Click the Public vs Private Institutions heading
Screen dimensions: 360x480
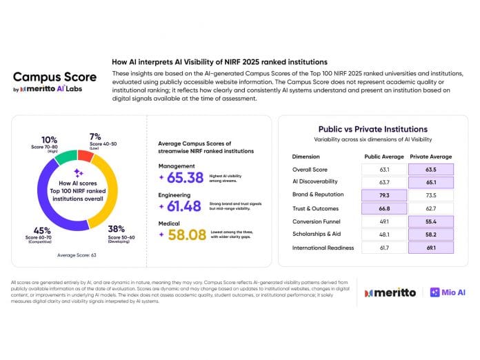pyautogui.click(x=372, y=129)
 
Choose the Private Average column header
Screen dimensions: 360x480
pyautogui.click(x=431, y=156)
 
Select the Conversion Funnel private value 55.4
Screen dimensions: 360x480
pyautogui.click(x=431, y=221)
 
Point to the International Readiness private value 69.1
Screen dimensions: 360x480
pyautogui.click(x=431, y=247)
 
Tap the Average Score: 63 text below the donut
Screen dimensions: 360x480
pyautogui.click(x=77, y=255)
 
